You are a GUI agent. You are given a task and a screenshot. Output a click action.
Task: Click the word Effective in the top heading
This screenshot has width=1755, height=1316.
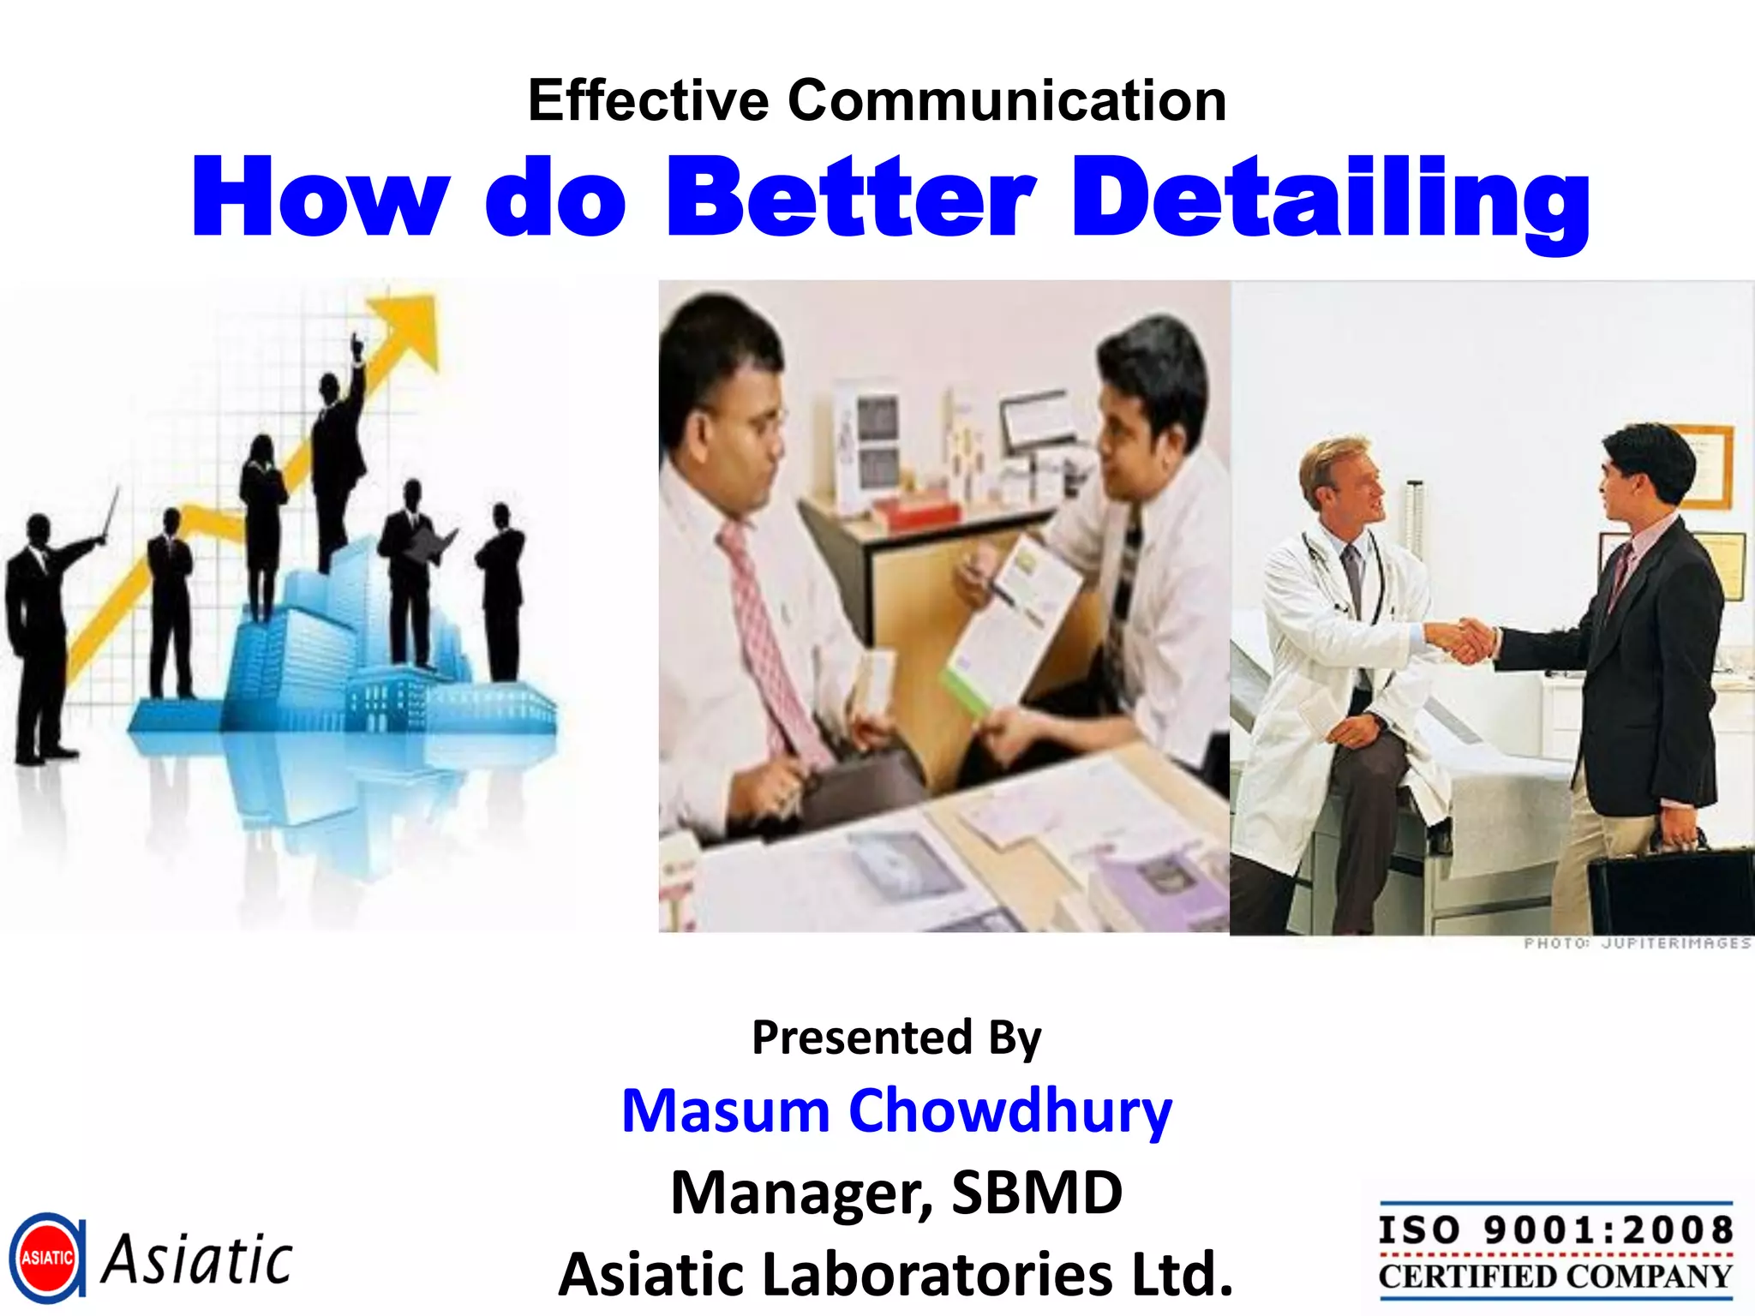pyautogui.click(x=648, y=101)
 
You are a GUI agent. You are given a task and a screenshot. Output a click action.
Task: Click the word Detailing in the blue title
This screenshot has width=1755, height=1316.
pyautogui.click(x=1330, y=199)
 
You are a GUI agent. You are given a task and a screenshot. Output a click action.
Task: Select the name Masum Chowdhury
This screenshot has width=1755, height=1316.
pyautogui.click(x=896, y=1110)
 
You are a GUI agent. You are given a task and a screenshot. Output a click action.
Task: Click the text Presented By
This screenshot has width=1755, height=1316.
pyautogui.click(x=896, y=1038)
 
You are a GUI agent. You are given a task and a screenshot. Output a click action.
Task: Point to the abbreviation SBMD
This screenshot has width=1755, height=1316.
pyautogui.click(x=1036, y=1193)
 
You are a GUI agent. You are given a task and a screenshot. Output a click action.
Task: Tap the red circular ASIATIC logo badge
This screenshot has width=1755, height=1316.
pyautogui.click(x=47, y=1258)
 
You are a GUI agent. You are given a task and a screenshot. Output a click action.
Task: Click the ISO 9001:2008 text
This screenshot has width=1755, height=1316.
pyautogui.click(x=1555, y=1230)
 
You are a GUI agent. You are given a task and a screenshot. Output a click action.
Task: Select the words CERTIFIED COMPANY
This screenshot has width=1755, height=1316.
pyautogui.click(x=1555, y=1277)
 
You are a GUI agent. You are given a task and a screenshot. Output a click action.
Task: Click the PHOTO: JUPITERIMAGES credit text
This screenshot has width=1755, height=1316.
pyautogui.click(x=1637, y=943)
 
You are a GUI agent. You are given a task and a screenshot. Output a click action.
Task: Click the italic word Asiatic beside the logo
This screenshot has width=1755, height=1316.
pyautogui.click(x=197, y=1259)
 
